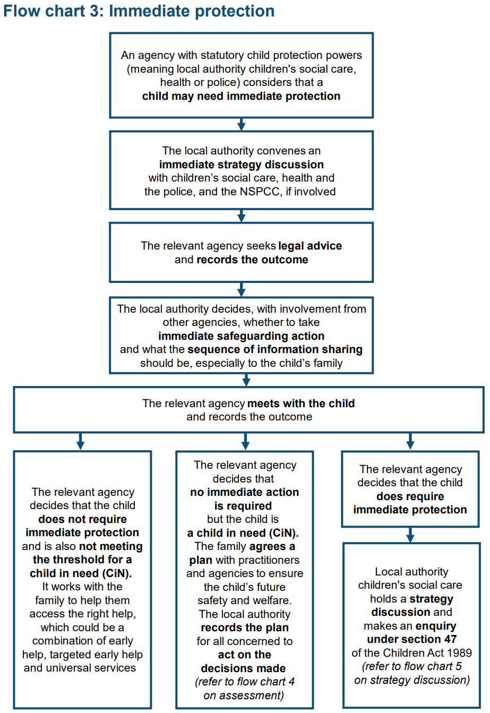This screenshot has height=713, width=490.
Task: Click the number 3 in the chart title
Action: click(94, 11)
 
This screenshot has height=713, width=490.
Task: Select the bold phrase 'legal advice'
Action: click(310, 246)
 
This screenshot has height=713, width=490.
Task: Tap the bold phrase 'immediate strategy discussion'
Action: click(242, 165)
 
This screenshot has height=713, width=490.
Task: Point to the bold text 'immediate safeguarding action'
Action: click(242, 336)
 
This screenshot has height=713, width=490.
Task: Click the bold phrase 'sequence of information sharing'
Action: click(275, 349)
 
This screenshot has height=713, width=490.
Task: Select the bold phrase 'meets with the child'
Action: click(301, 403)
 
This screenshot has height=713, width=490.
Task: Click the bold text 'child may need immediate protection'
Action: click(242, 96)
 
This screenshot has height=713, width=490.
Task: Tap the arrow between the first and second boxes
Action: click(242, 124)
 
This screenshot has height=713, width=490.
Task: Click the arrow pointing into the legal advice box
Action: click(242, 216)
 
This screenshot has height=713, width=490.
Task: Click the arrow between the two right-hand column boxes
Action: click(410, 535)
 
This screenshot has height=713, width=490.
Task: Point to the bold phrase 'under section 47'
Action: click(411, 639)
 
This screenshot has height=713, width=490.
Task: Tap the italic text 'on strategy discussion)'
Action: click(412, 680)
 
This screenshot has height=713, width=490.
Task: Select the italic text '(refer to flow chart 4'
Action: click(245, 682)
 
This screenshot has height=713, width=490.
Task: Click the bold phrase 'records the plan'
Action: click(245, 628)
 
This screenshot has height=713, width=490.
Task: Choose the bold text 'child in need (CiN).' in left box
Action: click(81, 573)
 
